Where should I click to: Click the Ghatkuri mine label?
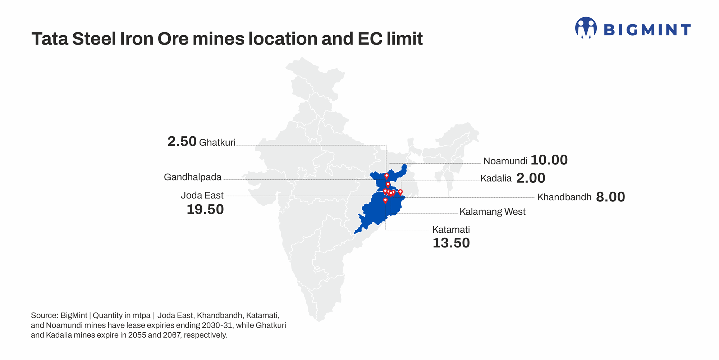[217, 143]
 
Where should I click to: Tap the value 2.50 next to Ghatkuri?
[182, 142]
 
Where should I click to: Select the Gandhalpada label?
[193, 177]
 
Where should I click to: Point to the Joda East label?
[202, 196]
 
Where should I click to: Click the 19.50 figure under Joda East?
[205, 210]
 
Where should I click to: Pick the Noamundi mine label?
[505, 161]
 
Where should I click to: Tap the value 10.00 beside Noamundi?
[549, 160]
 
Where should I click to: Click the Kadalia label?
[496, 178]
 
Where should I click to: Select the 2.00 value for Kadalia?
[531, 178]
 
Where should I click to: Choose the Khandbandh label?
[564, 197]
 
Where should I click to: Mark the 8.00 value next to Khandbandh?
[610, 197]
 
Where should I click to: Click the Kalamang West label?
[492, 212]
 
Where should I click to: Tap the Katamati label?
[451, 230]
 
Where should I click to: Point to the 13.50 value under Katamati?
[451, 243]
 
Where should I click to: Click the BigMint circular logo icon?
[586, 28]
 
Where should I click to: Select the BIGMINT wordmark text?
[647, 30]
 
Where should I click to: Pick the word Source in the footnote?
[44, 316]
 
